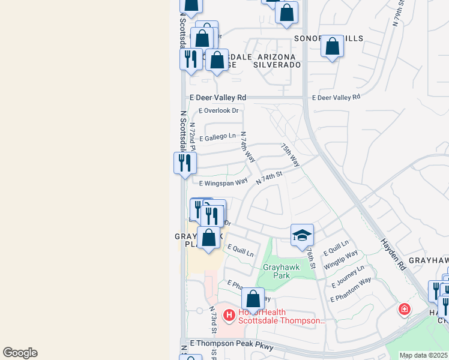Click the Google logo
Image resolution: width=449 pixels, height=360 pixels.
pos(20,353)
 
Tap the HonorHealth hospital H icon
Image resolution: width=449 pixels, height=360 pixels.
pos(228,314)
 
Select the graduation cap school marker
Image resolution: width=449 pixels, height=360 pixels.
pos(302,235)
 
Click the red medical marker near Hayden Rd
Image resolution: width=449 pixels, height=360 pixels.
pos(405,310)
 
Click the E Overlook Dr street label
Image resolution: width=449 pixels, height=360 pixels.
pos(218,111)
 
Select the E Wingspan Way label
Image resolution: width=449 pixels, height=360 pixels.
pos(223,182)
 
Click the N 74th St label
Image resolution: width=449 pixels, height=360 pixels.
pos(269,178)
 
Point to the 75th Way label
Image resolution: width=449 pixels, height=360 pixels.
pos(290,154)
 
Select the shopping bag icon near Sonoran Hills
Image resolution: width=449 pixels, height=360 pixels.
pos(332,46)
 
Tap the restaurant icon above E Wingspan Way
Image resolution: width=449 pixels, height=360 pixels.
pos(185,162)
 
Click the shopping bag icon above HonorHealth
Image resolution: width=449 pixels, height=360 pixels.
pos(253,298)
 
